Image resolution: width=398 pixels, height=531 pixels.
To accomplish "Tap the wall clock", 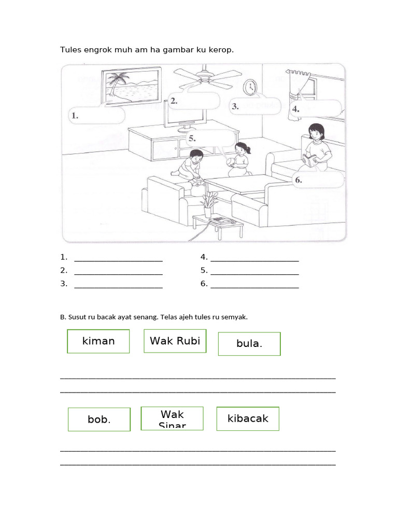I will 250,87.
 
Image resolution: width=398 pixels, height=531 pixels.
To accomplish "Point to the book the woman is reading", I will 310,160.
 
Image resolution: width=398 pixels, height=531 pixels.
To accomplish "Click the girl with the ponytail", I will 240,159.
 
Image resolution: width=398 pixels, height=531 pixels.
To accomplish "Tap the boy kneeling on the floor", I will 190,165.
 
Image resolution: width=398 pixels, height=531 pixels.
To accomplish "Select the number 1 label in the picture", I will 75,116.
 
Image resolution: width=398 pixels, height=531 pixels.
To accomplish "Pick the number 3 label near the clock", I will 235,106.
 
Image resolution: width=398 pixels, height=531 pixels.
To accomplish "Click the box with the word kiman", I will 98,341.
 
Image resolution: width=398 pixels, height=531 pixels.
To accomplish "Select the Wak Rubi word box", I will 175,341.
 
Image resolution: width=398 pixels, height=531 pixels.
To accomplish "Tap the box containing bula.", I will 249,344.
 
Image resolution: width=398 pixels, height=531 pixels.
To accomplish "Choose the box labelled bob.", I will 99,420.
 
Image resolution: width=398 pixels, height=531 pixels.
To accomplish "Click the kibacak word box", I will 248,418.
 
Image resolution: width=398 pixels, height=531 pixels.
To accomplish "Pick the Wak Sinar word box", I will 173,419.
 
